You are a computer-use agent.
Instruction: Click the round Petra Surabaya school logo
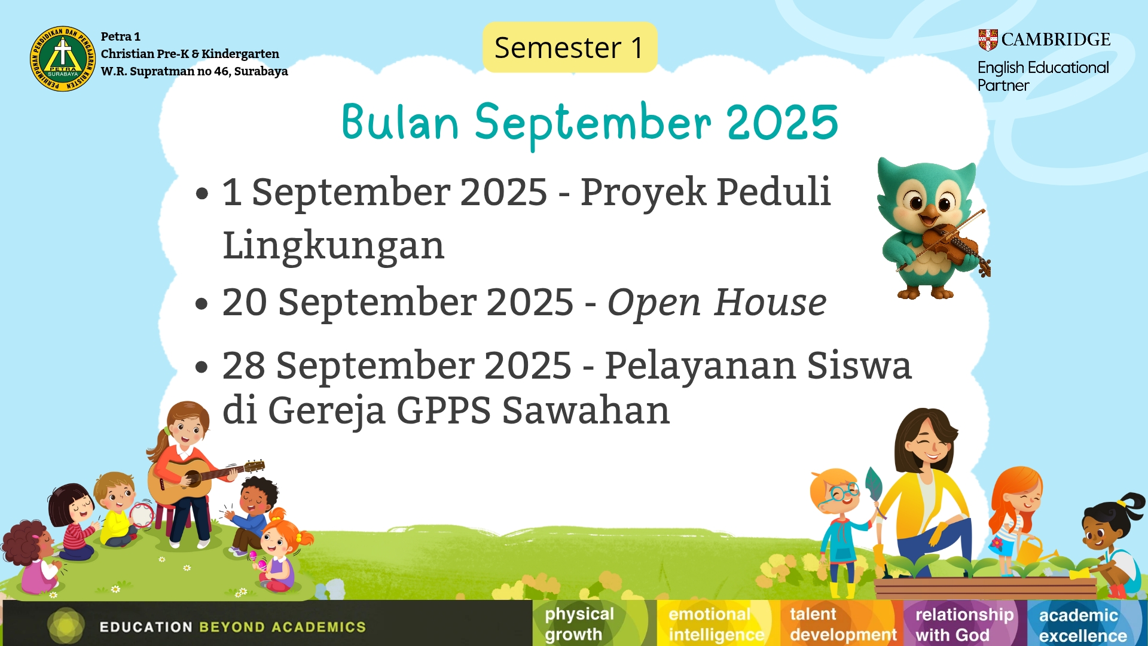click(x=63, y=59)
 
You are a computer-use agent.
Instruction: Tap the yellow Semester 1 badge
click(x=570, y=47)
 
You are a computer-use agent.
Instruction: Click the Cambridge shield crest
click(x=988, y=40)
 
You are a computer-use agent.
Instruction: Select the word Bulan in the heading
click(x=400, y=123)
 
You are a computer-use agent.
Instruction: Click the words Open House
click(x=717, y=302)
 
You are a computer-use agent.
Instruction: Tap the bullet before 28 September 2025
click(x=202, y=367)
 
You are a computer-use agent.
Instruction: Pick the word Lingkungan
click(x=334, y=246)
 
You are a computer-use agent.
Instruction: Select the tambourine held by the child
click(x=142, y=515)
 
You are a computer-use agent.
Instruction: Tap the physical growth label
click(x=579, y=624)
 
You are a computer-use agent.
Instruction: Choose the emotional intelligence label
click(x=716, y=624)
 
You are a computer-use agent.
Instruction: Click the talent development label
click(x=843, y=624)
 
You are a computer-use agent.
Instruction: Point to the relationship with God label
click(x=964, y=624)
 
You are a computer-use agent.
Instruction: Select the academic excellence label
click(x=1083, y=624)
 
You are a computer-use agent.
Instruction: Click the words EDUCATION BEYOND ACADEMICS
click(x=233, y=627)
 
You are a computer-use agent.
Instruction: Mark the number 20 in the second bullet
click(x=245, y=302)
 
